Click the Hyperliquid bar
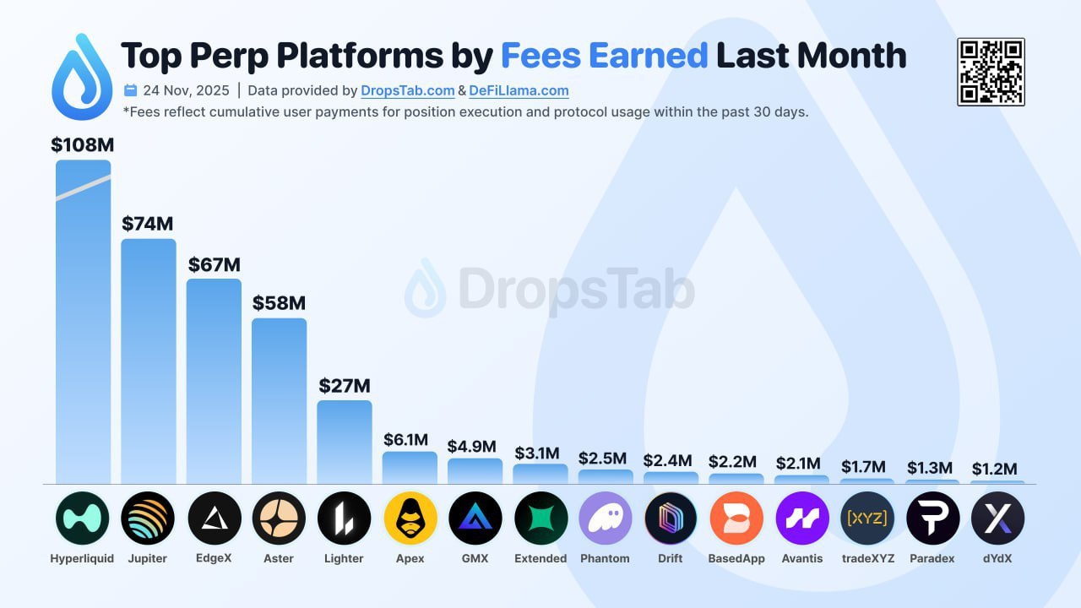pos(83,321)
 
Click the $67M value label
pos(214,264)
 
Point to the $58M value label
pos(279,303)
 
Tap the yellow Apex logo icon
pos(410,518)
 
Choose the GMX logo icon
pos(475,518)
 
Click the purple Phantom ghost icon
pos(605,518)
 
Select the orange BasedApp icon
pos(736,518)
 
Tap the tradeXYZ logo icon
pos(866,518)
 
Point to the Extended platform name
pos(540,558)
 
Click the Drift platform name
pos(671,558)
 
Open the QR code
pos(991,72)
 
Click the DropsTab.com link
pos(408,90)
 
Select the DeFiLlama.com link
pos(519,90)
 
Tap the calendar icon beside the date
pos(131,90)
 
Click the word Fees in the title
pos(546,56)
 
